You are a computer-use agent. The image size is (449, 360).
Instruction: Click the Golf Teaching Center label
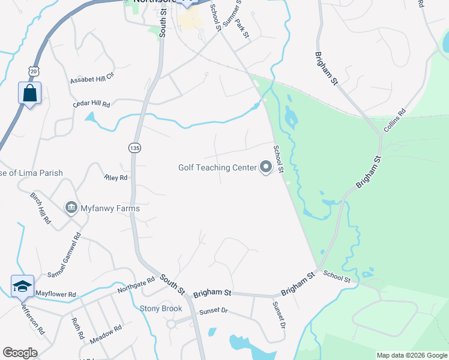pos(217,168)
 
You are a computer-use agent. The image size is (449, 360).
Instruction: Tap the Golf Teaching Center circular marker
pos(266,168)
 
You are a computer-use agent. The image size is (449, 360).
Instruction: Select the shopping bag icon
pos(29,94)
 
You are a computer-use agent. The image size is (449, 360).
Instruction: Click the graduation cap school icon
pos(22,287)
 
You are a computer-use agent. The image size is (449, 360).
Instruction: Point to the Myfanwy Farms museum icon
pos(71,208)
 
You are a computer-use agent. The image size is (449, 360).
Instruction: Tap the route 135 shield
pos(134,148)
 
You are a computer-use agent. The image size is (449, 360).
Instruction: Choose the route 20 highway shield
pos(33,71)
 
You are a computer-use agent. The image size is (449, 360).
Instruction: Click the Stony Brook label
pos(161,309)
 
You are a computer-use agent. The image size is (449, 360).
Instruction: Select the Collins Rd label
pos(394,121)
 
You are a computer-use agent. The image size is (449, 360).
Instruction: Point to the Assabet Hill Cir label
pos(92,80)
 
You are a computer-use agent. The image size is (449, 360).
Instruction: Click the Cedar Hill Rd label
pos(92,104)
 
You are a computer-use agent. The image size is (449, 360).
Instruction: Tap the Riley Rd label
pos(116,178)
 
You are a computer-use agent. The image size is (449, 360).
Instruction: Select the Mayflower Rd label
pos(55,295)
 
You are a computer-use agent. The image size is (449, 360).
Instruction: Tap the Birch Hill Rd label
pos(41,208)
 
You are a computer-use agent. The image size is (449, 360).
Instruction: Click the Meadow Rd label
pos(106,334)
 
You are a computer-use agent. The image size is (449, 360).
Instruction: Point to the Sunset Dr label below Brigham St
pos(214,311)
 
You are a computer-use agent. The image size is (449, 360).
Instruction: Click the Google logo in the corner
pos(20,353)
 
